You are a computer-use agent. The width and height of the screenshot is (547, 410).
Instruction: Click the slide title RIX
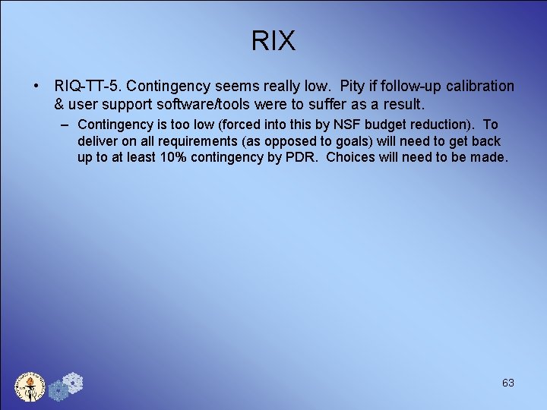pyautogui.click(x=273, y=41)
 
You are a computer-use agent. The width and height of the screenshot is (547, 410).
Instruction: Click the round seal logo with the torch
pyautogui.click(x=30, y=386)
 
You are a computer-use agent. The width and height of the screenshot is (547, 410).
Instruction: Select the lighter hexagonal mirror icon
pyautogui.click(x=72, y=382)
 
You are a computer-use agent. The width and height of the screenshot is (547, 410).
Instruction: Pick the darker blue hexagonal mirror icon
pyautogui.click(x=58, y=391)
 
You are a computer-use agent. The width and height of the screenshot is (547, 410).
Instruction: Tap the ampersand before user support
pyautogui.click(x=60, y=103)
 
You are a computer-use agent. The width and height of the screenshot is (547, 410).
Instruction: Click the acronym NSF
pyautogui.click(x=355, y=125)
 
